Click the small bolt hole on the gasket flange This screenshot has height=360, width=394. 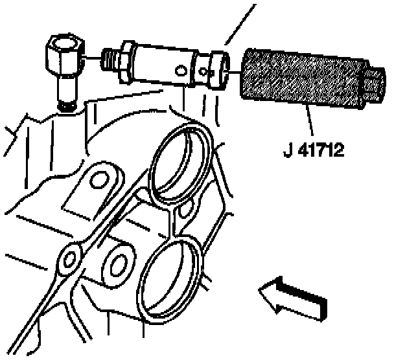click(x=67, y=260)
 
